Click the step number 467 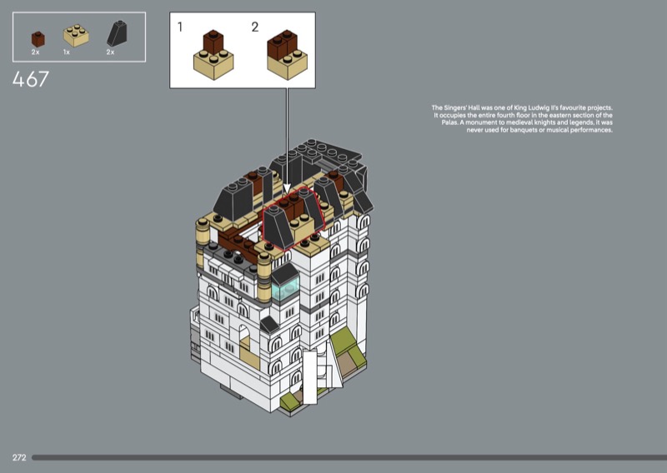(31, 79)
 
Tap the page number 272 (19, 458)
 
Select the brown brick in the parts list (38, 39)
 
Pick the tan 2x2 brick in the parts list (76, 35)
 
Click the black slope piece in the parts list (117, 33)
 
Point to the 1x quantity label (67, 52)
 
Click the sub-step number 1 (180, 27)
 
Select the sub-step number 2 (255, 27)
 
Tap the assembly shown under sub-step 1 (213, 55)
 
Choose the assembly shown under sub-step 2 (287, 55)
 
